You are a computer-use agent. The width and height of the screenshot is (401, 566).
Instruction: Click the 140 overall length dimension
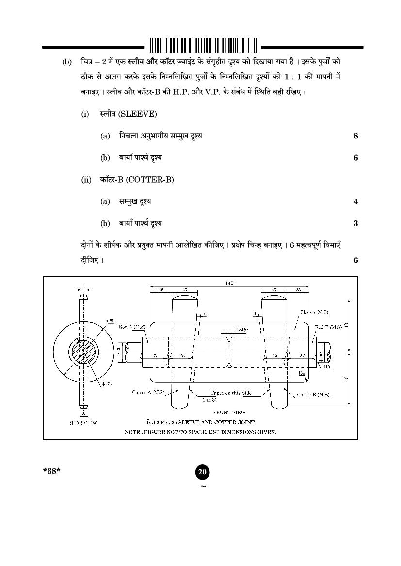point(229,283)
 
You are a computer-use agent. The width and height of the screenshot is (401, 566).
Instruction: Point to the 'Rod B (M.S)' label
point(328,327)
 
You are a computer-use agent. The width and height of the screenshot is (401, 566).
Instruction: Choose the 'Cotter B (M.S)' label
point(313,395)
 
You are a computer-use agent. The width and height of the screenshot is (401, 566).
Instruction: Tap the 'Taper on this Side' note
point(231,393)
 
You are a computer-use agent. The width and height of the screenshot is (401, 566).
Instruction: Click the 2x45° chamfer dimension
point(242,329)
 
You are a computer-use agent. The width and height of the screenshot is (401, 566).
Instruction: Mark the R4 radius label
point(302,373)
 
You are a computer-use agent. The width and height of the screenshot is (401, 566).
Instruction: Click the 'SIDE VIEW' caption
point(83,423)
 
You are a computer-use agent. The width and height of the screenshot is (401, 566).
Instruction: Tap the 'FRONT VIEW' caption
point(229,413)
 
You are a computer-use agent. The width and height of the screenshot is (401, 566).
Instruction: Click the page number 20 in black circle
point(203,472)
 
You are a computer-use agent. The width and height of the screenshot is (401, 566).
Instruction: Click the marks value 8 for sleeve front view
point(355,136)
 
